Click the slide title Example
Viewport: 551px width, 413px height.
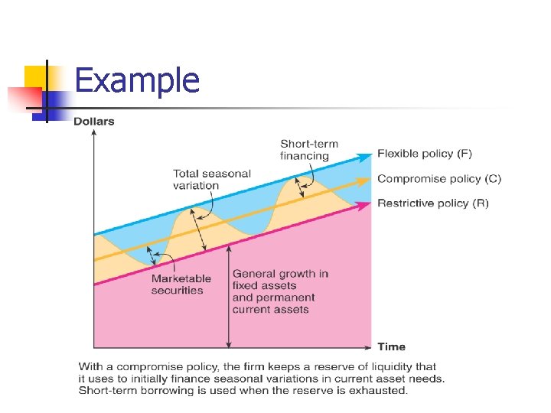138,80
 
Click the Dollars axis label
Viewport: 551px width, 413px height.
93,122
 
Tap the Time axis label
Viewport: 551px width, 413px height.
391,346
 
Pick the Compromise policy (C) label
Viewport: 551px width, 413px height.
439,179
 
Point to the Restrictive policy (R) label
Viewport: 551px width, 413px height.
433,203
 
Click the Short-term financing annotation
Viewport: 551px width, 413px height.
309,150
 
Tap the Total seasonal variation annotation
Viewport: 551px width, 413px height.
212,179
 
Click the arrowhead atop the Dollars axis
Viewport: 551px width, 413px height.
93,133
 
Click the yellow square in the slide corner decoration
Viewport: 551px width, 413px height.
36,76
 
